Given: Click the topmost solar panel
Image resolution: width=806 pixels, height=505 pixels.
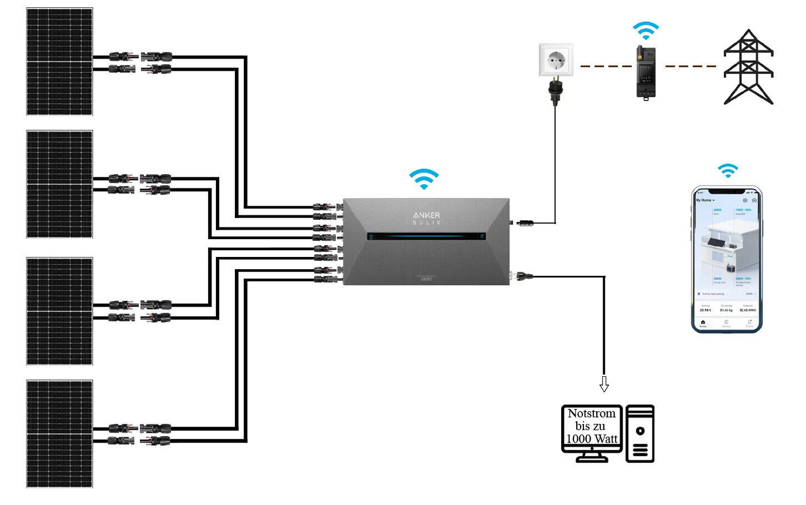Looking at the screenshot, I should click(60, 61).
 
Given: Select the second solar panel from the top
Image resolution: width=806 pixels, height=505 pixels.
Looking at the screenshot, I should click(60, 184).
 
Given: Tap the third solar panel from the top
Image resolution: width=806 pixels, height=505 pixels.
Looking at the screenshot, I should click(60, 311).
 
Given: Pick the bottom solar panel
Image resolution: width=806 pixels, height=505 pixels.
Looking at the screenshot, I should click(60, 434).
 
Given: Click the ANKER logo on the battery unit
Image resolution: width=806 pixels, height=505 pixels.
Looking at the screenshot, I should click(427, 215).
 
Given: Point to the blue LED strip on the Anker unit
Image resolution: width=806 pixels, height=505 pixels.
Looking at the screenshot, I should click(426, 236).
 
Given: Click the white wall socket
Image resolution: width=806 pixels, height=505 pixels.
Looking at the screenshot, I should click(556, 60).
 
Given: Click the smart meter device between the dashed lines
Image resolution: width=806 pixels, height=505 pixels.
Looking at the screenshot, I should click(646, 72).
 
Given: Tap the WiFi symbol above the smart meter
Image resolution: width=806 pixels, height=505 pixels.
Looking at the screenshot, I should click(646, 31).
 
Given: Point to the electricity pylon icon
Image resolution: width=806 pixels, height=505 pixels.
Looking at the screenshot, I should click(749, 67).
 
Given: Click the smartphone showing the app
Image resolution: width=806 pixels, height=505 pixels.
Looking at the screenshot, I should click(727, 259).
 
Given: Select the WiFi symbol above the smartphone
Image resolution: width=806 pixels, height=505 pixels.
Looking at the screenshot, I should click(728, 171).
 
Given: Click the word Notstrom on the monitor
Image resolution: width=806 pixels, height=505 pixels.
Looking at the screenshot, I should click(592, 414).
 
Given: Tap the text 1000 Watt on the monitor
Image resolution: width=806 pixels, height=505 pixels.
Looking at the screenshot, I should click(592, 439).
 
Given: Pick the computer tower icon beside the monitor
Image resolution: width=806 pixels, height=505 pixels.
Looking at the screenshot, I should click(640, 434).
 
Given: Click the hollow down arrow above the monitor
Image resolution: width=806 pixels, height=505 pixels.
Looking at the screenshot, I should click(604, 383).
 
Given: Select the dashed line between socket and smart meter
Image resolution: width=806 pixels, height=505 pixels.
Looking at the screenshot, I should click(606, 66).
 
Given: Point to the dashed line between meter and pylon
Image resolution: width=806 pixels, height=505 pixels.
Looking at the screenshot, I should click(691, 66).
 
